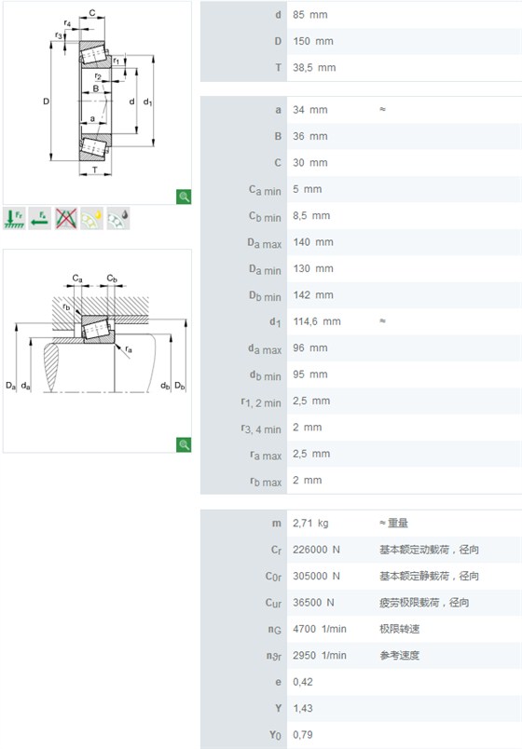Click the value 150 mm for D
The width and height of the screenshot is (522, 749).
click(x=313, y=41)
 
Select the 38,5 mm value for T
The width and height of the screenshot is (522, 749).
click(x=314, y=68)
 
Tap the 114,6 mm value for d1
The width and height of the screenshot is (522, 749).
click(x=317, y=321)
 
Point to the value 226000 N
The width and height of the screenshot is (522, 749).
click(x=316, y=550)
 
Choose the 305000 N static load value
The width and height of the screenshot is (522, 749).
click(x=316, y=576)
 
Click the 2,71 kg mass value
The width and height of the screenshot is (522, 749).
click(x=310, y=523)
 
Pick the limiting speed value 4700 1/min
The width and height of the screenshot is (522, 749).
click(x=320, y=629)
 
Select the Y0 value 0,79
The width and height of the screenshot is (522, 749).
click(x=303, y=735)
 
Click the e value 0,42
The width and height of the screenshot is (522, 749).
click(x=303, y=682)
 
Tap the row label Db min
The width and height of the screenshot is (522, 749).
click(x=265, y=295)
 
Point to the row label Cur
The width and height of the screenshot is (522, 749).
click(x=273, y=603)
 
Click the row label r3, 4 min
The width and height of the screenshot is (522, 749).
click(x=261, y=429)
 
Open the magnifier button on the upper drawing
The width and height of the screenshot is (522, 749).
click(x=184, y=197)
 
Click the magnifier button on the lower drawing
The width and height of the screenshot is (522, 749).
click(x=184, y=444)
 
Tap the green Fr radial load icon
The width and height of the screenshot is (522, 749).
click(x=14, y=219)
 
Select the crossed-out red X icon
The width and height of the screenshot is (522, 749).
click(x=66, y=219)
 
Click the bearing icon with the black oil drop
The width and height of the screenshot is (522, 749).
click(x=118, y=219)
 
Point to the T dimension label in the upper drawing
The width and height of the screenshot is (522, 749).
click(x=95, y=170)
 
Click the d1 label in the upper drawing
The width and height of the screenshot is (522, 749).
click(x=147, y=102)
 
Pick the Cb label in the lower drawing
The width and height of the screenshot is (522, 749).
click(x=112, y=278)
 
